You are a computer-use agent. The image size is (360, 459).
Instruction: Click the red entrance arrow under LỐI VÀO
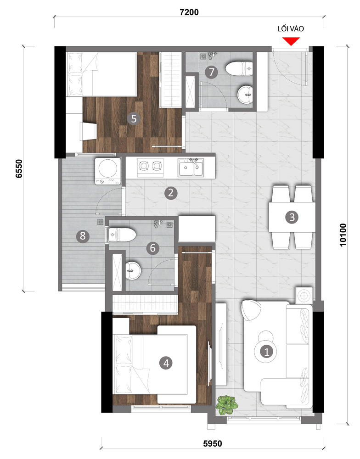291,41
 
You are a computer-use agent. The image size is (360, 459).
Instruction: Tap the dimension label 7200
189,12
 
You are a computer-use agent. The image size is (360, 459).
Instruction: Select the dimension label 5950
213,444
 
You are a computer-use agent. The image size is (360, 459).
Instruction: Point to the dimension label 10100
343,235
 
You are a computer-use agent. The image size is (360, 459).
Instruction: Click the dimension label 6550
19,168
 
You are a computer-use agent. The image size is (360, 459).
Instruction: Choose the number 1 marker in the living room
267,351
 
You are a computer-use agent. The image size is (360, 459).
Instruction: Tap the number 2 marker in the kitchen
171,193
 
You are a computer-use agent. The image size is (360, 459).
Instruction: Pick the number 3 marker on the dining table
292,217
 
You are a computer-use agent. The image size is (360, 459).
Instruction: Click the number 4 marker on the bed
166,363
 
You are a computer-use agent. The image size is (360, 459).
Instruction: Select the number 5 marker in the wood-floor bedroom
134,118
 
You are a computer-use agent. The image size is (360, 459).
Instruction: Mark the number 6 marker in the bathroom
152,248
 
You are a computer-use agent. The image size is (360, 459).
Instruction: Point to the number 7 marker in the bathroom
212,72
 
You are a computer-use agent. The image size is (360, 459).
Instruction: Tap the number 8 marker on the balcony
83,235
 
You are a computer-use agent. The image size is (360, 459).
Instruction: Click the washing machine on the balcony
108,171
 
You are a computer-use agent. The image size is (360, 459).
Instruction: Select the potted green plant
226,405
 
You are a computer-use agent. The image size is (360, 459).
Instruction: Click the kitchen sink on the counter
191,168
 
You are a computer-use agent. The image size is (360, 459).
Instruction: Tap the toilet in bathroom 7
239,68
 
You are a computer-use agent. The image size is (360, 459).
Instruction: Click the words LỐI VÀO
291,28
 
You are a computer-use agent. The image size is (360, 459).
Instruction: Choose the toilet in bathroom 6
122,235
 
